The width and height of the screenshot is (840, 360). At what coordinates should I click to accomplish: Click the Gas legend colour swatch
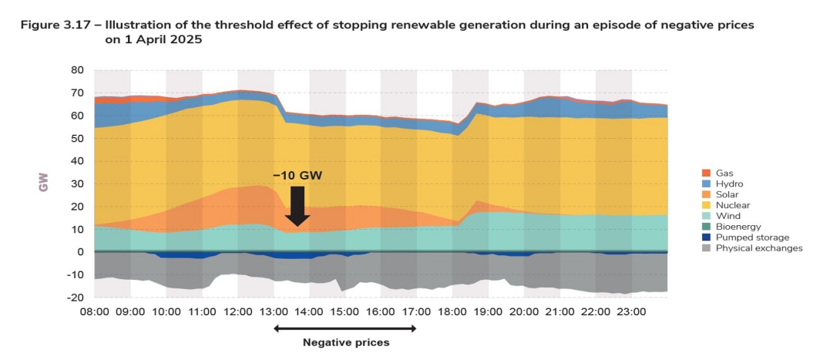pos(706,173)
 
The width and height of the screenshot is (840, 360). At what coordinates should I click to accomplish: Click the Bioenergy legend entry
pos(737,227)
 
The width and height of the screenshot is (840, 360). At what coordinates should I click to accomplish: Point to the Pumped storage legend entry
pos(748,237)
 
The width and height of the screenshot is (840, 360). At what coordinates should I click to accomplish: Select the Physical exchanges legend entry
pos(758,248)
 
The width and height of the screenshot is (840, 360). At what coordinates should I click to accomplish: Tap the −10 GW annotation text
pos(297,176)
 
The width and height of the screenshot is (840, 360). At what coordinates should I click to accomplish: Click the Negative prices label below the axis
pos(346,342)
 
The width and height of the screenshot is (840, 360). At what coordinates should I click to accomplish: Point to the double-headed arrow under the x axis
pos(346,328)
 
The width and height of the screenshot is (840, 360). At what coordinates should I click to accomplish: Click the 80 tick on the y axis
pos(77,69)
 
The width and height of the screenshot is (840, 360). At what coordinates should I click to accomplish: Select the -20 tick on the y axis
pos(75,298)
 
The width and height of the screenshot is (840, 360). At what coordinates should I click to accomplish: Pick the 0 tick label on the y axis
pos(80,252)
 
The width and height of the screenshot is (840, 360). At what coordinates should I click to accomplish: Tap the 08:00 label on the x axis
pos(95,312)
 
